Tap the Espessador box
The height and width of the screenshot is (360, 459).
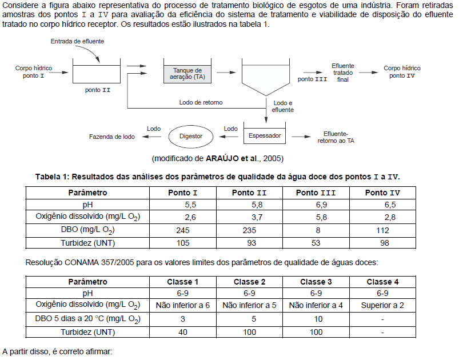click(x=265, y=136)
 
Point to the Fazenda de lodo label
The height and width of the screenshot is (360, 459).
click(x=112, y=137)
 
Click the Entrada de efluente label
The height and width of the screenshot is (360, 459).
click(x=77, y=41)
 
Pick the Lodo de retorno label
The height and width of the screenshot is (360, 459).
click(x=201, y=102)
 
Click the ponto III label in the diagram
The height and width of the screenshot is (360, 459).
click(x=312, y=79)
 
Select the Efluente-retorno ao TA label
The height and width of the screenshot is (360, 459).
click(x=336, y=137)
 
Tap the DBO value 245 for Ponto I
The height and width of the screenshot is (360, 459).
click(x=182, y=230)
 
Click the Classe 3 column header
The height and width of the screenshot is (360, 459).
click(x=316, y=282)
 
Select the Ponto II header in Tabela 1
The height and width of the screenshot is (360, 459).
click(x=249, y=193)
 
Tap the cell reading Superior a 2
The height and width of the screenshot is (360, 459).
click(x=382, y=305)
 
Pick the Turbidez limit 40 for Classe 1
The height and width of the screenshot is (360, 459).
click(x=183, y=331)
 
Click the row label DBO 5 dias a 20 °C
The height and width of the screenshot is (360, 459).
click(x=87, y=318)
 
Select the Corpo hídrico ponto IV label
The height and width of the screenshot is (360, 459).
click(x=402, y=72)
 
